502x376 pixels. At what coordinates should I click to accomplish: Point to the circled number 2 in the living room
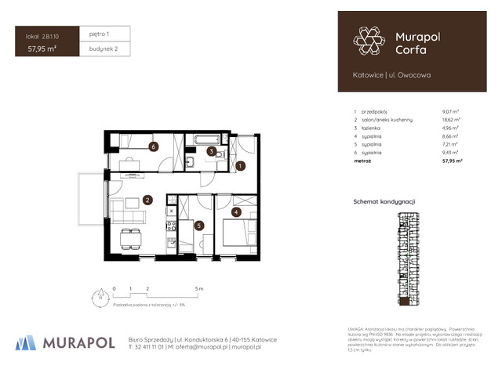point(147,200)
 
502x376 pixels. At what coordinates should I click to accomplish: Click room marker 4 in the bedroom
point(237,211)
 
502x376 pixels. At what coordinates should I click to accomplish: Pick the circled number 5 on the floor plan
point(199,226)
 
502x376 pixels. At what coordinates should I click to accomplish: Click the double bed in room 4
point(238,233)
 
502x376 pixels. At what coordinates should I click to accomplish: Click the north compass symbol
point(100,297)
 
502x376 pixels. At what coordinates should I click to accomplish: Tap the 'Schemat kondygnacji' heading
point(384,202)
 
